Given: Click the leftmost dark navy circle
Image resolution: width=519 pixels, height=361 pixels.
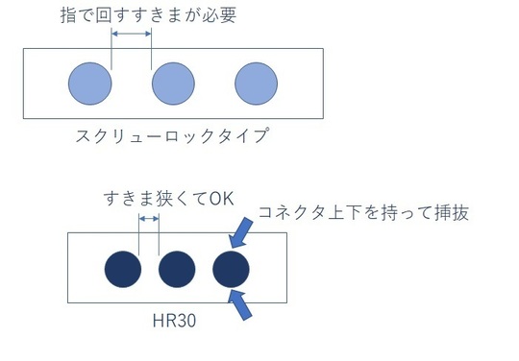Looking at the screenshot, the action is tap(123, 269).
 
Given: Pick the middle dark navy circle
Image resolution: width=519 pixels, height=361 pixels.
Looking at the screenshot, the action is tap(177, 269).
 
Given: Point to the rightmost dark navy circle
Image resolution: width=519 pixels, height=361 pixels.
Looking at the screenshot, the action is tap(232, 269).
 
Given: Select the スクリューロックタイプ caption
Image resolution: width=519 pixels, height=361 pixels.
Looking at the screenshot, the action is tap(171, 135).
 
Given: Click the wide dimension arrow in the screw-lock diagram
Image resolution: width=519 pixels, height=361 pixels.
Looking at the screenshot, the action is tap(132, 35).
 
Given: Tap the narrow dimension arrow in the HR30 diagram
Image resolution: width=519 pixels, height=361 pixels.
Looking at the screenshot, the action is tap(149, 219).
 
